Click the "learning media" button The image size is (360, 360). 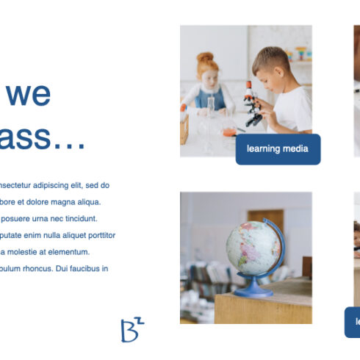click(x=278, y=149)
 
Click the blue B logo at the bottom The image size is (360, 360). click(x=131, y=330)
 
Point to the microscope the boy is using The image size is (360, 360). click(x=252, y=103)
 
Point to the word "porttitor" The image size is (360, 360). click(x=98, y=235)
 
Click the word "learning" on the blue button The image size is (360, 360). click(x=264, y=149)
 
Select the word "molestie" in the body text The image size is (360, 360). click(x=25, y=252)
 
